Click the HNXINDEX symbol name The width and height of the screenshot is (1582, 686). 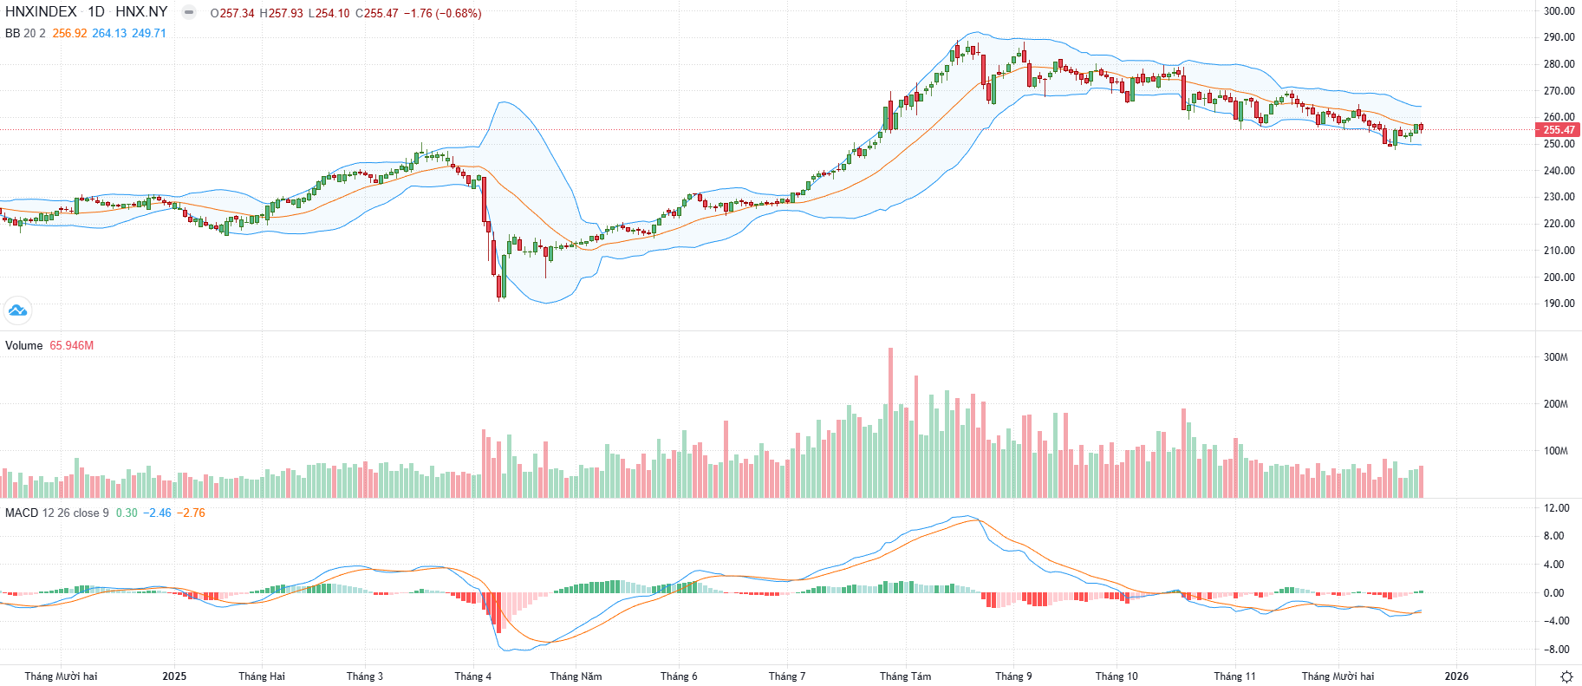pos(41,12)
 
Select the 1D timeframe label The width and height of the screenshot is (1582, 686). pos(96,12)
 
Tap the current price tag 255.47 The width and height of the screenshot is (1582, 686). pos(1558,130)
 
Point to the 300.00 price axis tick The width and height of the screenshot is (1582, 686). pos(1559,11)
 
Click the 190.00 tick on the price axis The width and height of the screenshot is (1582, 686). pos(1559,304)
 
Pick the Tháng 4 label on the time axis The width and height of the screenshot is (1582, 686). pos(472,676)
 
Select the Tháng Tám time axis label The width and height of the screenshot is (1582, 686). pos(905,676)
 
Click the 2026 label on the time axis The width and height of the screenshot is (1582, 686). pos(1456,676)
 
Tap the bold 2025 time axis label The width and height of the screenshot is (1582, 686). pos(174,676)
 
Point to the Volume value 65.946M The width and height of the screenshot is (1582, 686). pos(71,345)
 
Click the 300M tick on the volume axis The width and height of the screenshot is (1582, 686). pos(1555,357)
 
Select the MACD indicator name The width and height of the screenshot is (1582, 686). pos(22,513)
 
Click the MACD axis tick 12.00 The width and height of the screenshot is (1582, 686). pos(1555,508)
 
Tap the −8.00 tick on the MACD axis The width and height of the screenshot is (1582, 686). pos(1555,650)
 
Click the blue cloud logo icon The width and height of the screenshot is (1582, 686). pos(17,310)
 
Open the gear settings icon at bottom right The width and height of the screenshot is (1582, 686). pos(1566,676)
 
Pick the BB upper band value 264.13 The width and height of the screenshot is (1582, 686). pos(109,33)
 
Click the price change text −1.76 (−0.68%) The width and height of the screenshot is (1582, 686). pos(442,13)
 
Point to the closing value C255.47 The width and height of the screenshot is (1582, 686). pos(376,13)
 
